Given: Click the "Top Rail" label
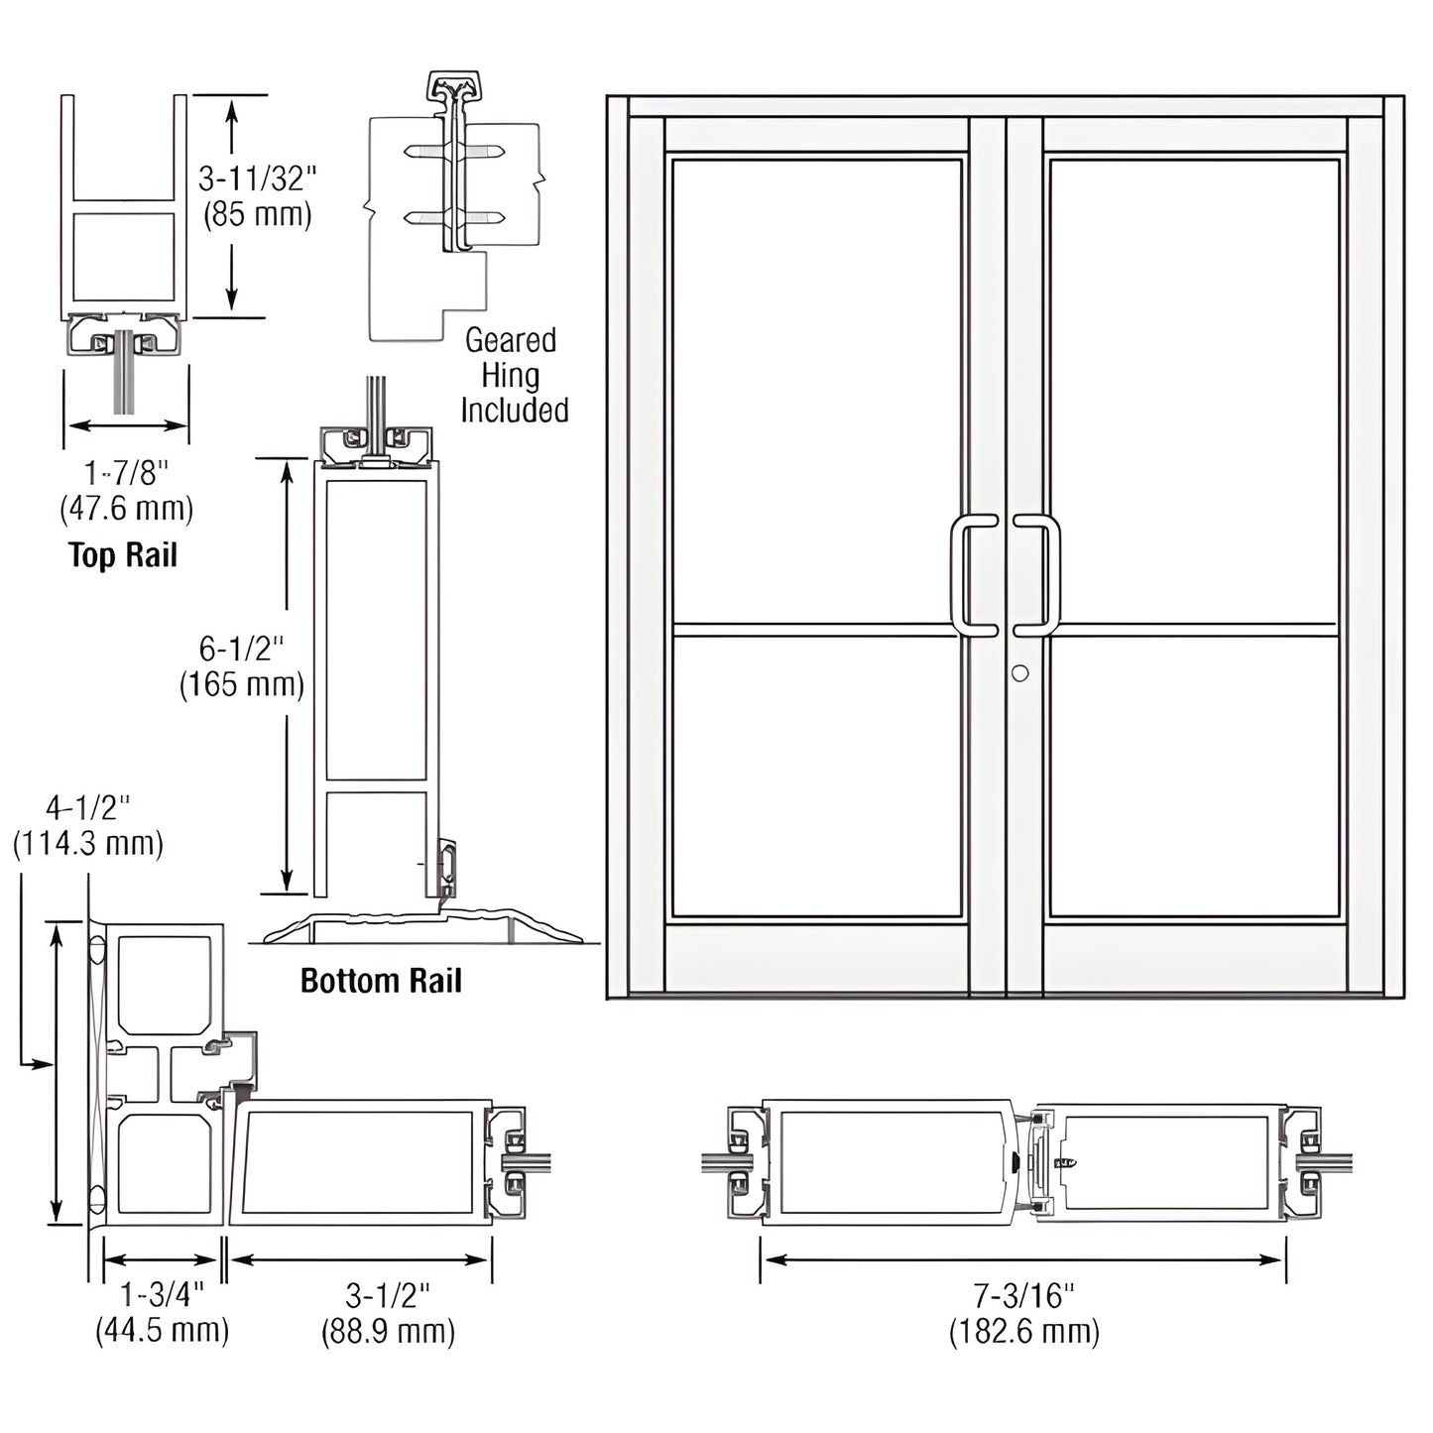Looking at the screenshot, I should pos(123,555).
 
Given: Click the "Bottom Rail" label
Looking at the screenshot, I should pos(381,981).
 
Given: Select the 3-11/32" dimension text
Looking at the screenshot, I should pos(257,179).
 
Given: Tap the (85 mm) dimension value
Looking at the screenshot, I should pos(257,214).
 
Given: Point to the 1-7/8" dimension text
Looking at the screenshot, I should pos(126,473).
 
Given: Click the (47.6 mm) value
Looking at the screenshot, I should pos(126,509).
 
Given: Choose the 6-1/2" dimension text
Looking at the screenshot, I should pos(241,649).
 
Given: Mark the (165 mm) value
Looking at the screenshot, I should pos(241,684).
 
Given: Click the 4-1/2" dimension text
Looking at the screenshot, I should pos(87,808).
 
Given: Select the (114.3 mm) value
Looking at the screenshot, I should pos(87,844).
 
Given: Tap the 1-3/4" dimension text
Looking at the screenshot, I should pos(162,1294).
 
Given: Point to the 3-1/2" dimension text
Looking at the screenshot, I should pos(388,1294).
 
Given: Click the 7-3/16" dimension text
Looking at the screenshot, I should pos(1023,1294).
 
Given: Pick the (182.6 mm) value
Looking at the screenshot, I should pos(1023,1330).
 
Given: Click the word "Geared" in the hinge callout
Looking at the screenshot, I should pos(511,340).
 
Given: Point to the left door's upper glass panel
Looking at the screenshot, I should pos(816,392).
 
